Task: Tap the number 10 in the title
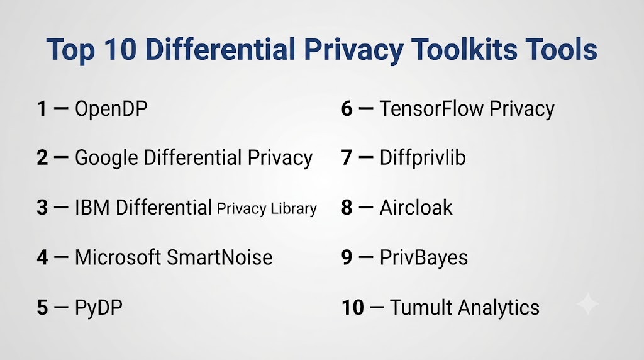tap(119, 49)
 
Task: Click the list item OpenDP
tap(111, 110)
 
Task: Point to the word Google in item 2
tap(106, 159)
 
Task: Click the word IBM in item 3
tap(92, 208)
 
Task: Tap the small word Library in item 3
tap(294, 209)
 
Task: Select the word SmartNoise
tap(219, 257)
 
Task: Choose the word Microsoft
tap(118, 257)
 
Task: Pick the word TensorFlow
tap(431, 109)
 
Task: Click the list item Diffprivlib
tap(423, 158)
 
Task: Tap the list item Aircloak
tap(416, 208)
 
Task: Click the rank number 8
tap(347, 208)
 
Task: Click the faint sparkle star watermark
tap(588, 304)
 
